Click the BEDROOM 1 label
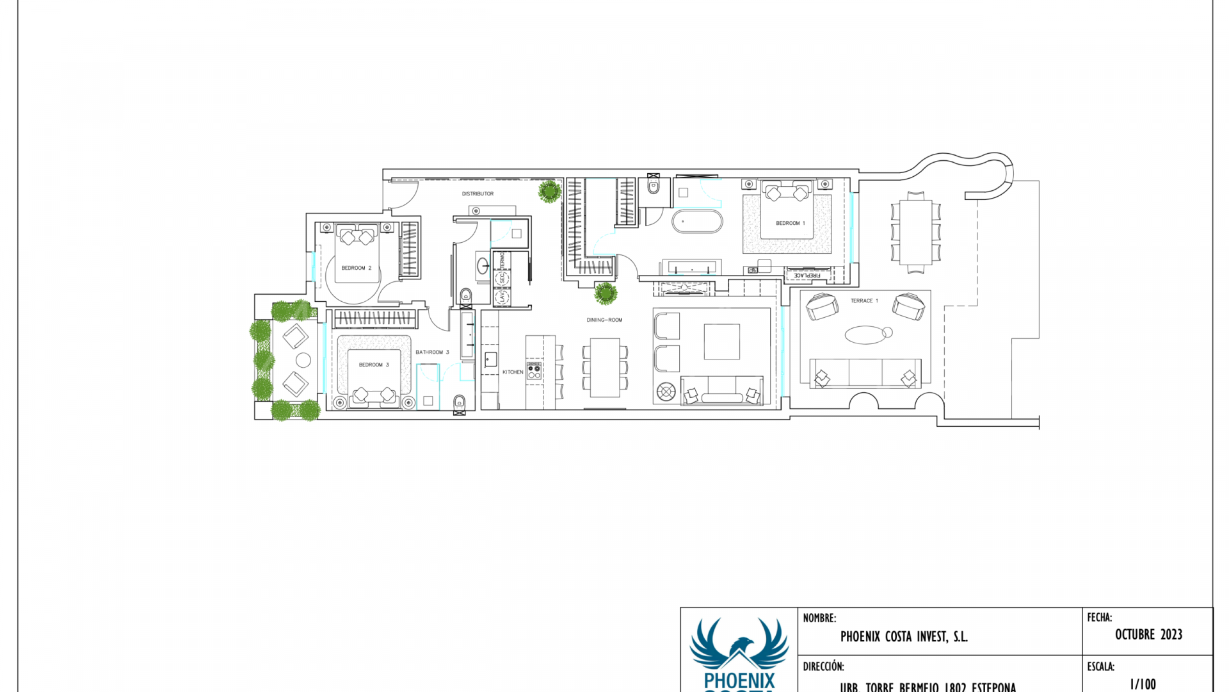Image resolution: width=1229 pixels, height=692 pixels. tap(790, 223)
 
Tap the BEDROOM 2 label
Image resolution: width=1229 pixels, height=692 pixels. tap(356, 268)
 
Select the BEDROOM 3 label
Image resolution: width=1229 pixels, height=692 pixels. tap(373, 365)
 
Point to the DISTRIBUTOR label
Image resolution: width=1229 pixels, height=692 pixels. tap(478, 194)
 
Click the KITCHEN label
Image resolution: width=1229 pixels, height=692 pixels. tap(513, 372)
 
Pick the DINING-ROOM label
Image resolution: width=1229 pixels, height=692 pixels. tap(604, 320)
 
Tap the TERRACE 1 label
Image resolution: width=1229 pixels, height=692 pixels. tap(864, 301)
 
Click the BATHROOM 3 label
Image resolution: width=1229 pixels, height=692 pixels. tap(432, 352)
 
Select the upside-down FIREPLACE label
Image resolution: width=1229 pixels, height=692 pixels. tap(807, 276)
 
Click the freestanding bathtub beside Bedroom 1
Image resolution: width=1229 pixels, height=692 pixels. tap(697, 222)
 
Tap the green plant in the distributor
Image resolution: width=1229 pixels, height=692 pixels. tap(549, 191)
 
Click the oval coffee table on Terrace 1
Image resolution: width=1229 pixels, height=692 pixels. tap(865, 334)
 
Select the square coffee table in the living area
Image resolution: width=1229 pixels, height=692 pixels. tap(721, 342)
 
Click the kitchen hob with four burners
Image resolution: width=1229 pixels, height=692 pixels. tap(534, 371)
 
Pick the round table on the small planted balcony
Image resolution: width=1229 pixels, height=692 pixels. tap(303, 360)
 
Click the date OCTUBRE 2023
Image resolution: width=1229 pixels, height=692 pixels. tap(1148, 634)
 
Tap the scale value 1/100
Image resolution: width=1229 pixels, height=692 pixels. tap(1143, 684)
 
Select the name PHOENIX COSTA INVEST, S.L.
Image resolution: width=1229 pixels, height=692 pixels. tap(903, 636)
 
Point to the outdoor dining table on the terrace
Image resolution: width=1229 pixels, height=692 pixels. tap(915, 232)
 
